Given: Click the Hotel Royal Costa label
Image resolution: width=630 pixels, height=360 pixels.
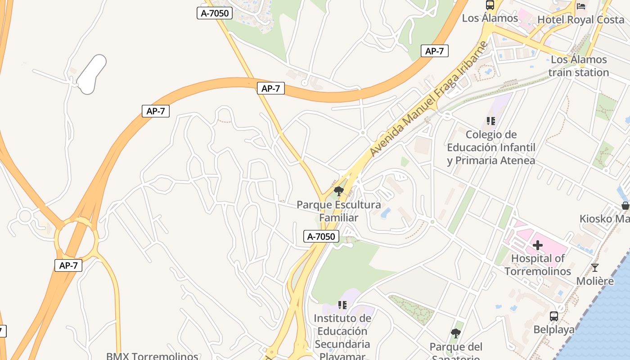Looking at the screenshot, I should (x=580, y=20).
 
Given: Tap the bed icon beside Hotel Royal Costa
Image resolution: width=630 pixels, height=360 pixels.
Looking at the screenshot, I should (x=581, y=6).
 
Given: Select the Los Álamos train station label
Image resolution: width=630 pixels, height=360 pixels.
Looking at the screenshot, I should (x=578, y=66).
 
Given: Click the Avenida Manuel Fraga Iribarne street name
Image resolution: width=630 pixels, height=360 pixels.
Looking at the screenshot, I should (x=429, y=99).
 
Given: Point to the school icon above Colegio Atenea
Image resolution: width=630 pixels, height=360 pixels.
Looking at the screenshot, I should (x=490, y=121).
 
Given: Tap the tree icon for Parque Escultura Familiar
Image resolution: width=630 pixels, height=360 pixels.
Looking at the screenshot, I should (x=339, y=191).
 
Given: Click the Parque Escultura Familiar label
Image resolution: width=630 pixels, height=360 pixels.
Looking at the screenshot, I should (x=339, y=211).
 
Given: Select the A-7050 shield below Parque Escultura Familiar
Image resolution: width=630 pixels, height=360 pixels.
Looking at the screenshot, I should (x=321, y=236).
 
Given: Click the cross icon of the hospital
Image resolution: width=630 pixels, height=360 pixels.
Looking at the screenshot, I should (x=537, y=245).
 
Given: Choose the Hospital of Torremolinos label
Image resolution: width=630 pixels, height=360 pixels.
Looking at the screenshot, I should (x=537, y=265).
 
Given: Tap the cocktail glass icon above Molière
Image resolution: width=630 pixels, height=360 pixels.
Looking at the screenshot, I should (x=595, y=268).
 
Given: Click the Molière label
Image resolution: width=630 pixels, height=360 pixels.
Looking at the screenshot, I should (x=595, y=281).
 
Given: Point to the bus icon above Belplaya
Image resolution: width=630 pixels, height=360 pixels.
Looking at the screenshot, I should (x=554, y=316).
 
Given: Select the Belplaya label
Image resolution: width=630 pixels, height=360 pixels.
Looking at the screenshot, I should (x=554, y=330).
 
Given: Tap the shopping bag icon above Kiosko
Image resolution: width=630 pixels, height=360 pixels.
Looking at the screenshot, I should (x=625, y=206).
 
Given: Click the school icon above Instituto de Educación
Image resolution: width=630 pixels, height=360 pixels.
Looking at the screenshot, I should (x=342, y=305).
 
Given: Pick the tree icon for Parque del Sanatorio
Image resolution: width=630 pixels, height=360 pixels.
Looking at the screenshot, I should (x=455, y=333).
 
